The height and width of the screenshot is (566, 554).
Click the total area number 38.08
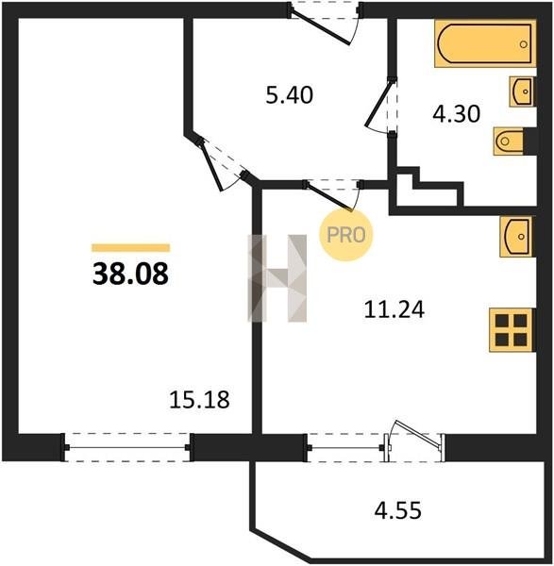(130, 274)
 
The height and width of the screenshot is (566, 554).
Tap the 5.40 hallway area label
(290, 95)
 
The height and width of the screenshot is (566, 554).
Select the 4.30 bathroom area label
(456, 114)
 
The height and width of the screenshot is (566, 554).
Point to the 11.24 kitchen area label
(394, 309)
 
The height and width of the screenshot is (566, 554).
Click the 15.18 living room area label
(199, 400)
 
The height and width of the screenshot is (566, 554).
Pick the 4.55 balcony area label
(397, 510)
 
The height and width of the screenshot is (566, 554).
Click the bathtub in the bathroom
(485, 43)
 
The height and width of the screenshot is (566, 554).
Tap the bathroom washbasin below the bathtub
(522, 92)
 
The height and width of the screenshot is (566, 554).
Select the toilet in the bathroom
(509, 141)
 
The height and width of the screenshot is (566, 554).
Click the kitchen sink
(518, 237)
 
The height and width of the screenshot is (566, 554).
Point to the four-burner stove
(512, 330)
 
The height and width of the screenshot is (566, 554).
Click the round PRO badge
(346, 235)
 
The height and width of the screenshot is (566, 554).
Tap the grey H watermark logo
(277, 278)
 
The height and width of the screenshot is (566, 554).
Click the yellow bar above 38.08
(131, 247)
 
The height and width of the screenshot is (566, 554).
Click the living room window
(127, 447)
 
